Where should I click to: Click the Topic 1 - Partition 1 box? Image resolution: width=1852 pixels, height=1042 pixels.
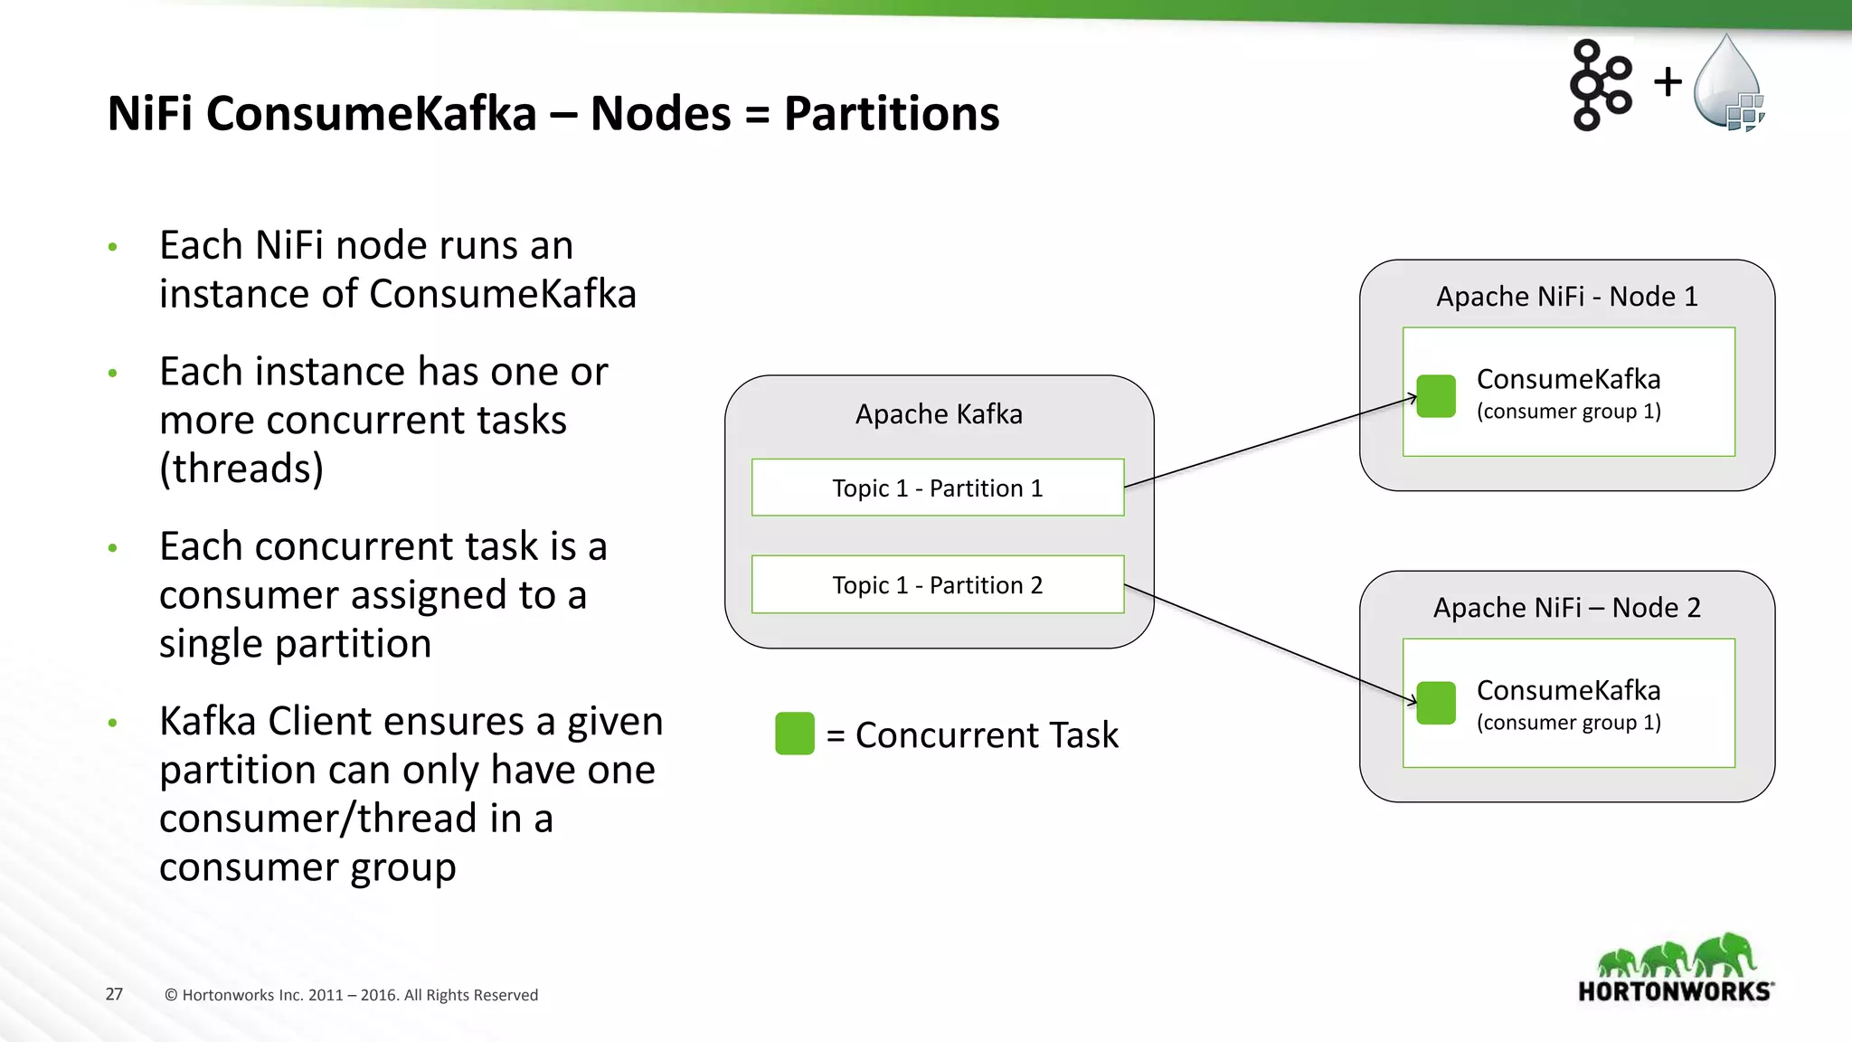(938, 488)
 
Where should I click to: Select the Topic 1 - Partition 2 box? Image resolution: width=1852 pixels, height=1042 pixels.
(938, 584)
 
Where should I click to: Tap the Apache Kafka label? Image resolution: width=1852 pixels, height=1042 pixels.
(939, 414)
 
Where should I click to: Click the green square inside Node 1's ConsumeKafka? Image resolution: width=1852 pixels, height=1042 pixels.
(1436, 396)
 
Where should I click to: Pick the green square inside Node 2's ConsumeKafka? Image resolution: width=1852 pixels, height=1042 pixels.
(1436, 703)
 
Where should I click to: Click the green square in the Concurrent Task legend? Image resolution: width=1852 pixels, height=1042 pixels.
(795, 734)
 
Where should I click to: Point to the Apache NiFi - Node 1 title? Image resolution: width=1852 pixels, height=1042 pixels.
(1567, 297)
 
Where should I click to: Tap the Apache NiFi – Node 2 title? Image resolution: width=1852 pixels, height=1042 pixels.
(1567, 608)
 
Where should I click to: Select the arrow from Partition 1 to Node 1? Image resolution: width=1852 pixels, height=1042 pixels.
(1271, 442)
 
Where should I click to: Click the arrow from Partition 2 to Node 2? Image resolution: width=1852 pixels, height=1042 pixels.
(1271, 643)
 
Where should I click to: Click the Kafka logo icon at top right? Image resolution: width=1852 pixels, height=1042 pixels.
(1600, 85)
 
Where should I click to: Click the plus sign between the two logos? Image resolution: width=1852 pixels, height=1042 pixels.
(1668, 82)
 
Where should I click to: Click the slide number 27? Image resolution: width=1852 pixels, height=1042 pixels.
(114, 994)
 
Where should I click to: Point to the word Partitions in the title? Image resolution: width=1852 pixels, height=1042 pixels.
(891, 114)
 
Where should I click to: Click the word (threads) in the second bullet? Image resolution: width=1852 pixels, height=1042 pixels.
(241, 469)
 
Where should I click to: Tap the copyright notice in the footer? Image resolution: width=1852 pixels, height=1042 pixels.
(351, 995)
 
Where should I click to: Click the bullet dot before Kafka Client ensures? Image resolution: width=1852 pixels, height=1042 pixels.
(113, 723)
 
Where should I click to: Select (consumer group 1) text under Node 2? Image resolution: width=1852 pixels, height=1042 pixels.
(1568, 723)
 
